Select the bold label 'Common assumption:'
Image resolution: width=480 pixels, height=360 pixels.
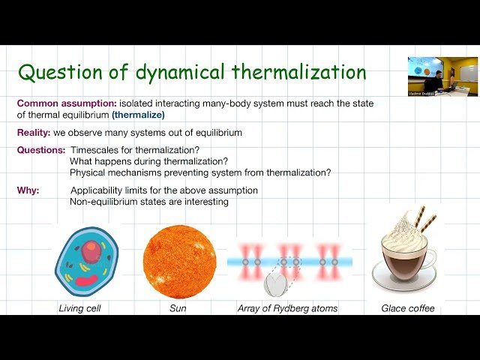click(66, 103)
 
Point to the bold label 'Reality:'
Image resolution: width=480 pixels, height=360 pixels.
click(33, 133)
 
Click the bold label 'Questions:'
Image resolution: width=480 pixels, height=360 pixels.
click(40, 151)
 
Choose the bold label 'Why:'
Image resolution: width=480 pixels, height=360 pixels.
click(28, 190)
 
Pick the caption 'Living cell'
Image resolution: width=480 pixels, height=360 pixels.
click(81, 308)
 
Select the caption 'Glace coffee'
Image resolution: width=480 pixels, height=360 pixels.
click(407, 308)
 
